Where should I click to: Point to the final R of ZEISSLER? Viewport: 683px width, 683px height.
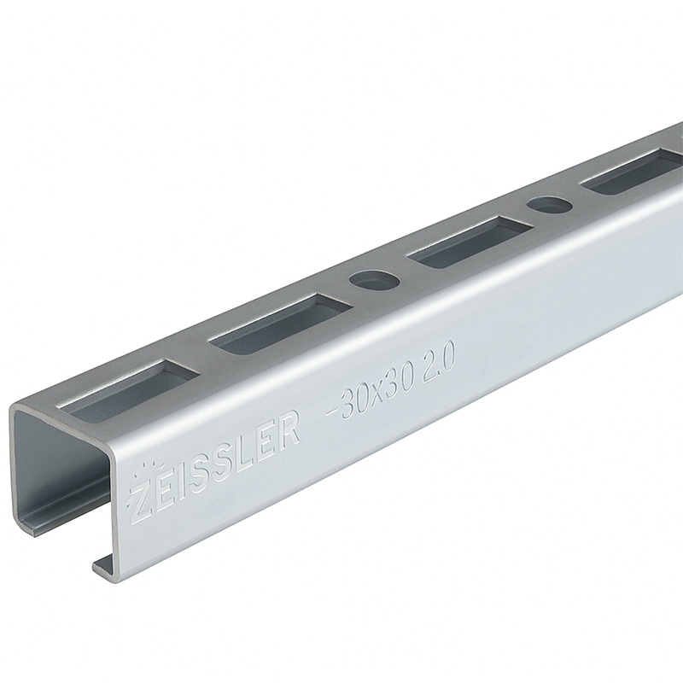(289, 430)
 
